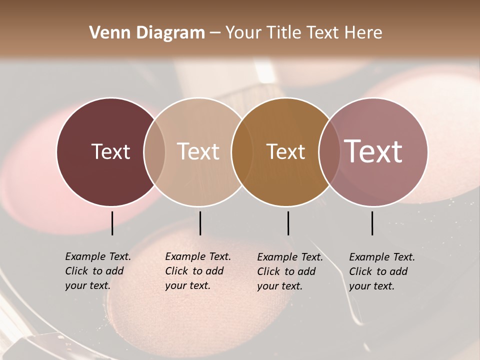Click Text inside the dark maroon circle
click(x=110, y=152)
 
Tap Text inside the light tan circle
click(x=198, y=152)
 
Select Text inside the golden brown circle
click(x=285, y=152)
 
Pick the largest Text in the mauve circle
click(x=373, y=151)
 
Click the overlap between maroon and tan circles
click(x=154, y=152)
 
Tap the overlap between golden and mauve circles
click(x=328, y=152)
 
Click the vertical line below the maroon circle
click(x=112, y=223)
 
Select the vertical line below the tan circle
click(x=200, y=223)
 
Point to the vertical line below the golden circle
click(x=288, y=223)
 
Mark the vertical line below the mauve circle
click(x=372, y=223)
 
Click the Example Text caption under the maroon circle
click(x=98, y=271)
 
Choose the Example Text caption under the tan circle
click(x=198, y=271)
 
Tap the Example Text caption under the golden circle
click(x=290, y=271)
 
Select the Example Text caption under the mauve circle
click(x=382, y=271)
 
